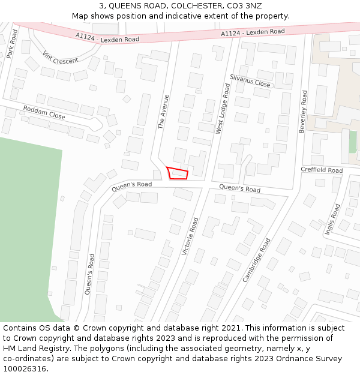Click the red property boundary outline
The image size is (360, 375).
177,173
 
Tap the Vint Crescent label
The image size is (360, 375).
61,57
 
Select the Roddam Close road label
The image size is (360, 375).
44,112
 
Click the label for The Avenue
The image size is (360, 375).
163,112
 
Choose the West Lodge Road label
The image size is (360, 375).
223,109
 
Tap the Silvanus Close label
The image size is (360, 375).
250,81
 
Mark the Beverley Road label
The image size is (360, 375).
303,112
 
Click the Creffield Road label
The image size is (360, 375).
322,170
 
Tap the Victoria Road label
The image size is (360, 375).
190,236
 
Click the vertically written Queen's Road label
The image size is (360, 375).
89,274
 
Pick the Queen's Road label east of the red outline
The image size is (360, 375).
239,188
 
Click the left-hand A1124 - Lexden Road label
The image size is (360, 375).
107,37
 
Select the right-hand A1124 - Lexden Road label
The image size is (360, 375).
253,32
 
